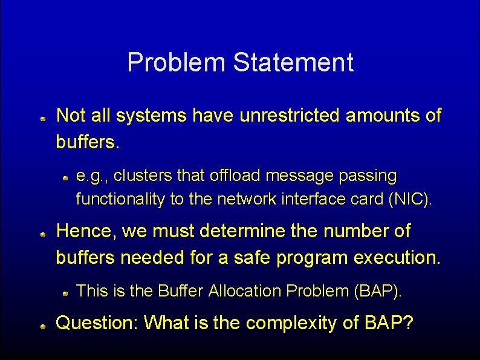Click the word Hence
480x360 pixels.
tap(85, 231)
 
